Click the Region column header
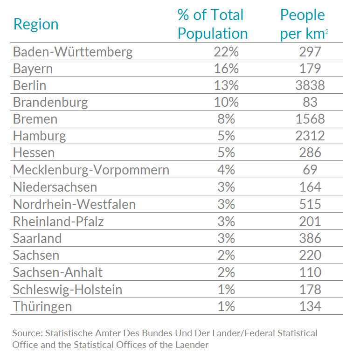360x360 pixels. pos(36,24)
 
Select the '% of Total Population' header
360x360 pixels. pos(212,24)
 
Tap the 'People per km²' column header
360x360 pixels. pos(304,24)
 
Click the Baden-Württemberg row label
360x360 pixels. pos(73,52)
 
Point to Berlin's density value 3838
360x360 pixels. pos(310,85)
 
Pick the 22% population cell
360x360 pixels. pos(226,52)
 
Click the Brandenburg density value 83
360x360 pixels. pos(310,102)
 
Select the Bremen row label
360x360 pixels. pos(35,119)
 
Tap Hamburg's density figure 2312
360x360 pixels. pos(310,136)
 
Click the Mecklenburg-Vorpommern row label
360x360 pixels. pos(91,170)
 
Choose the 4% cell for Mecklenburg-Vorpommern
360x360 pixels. pos(226,170)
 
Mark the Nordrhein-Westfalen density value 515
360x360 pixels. pos(310,204)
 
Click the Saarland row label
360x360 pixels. pos(37,238)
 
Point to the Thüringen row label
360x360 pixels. pos(42,306)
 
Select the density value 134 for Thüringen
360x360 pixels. pos(310,306)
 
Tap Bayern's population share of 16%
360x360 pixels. pos(226,69)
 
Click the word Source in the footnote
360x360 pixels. pos(26,333)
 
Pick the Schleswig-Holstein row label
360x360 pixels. pos(68,290)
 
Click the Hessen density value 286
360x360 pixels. pos(310,152)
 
